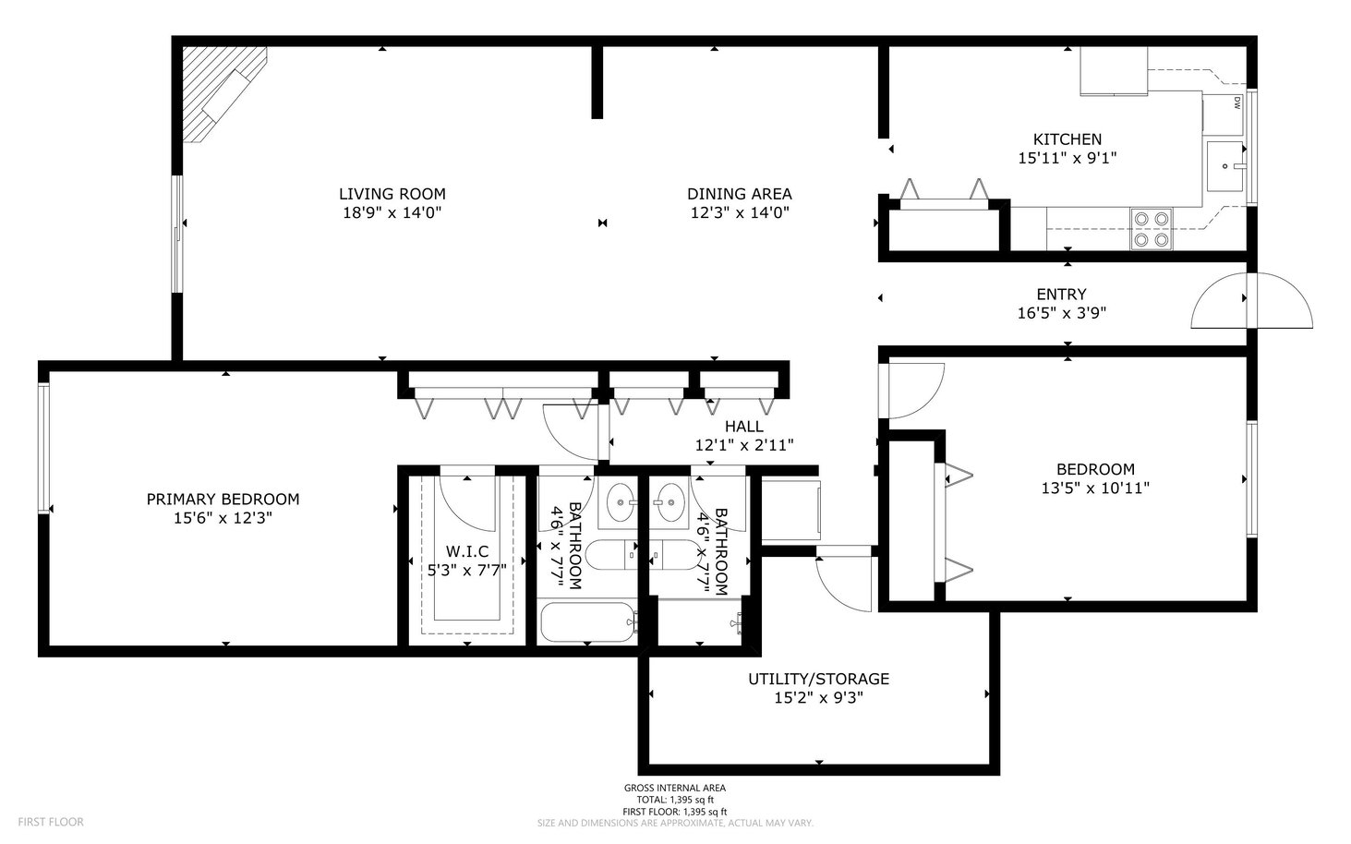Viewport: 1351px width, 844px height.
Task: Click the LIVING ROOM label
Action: (392, 194)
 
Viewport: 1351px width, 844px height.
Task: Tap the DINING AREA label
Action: (740, 194)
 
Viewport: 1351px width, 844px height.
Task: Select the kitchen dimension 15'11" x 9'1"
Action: (1068, 158)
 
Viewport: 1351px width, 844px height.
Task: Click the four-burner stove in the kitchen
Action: (1151, 229)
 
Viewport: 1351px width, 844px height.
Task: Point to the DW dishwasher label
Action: (1237, 103)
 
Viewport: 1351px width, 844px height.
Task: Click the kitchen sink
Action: (1224, 166)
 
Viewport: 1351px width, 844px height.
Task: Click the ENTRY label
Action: (1062, 295)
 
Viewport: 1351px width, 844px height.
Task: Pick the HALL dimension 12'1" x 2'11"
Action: (743, 445)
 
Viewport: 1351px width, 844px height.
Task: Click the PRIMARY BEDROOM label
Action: (223, 500)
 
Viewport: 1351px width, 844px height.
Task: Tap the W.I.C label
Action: (467, 551)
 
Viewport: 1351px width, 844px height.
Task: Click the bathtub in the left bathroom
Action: (588, 622)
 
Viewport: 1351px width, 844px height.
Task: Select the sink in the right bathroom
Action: (669, 502)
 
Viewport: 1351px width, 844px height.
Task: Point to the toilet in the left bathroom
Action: (611, 554)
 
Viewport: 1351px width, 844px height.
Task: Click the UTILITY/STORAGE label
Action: (818, 680)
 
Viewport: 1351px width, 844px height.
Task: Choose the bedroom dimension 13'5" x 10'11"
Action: (1095, 488)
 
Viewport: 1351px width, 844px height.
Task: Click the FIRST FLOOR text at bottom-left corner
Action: (51, 822)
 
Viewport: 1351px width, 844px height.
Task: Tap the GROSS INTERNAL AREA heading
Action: (675, 788)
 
